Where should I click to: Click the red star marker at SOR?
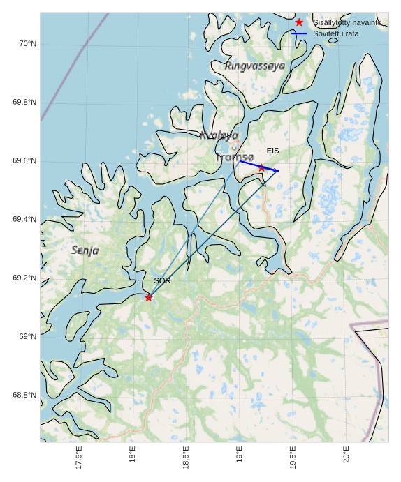point(148,298)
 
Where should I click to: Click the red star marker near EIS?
point(262,167)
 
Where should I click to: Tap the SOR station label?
point(162,280)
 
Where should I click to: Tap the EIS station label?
point(272,151)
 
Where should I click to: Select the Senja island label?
point(85,250)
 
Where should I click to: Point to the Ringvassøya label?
point(255,66)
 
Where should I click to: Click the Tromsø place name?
point(234,158)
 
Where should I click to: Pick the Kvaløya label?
point(219,135)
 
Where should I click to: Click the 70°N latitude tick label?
point(27,44)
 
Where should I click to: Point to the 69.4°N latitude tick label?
point(24,220)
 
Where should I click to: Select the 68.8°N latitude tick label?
point(24,396)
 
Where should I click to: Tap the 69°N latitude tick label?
point(27,337)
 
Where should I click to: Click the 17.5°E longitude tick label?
point(78,458)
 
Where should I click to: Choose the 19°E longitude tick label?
point(240,454)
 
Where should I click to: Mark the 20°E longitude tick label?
point(347,454)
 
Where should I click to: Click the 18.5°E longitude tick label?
point(186,458)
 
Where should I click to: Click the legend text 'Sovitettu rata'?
point(335,33)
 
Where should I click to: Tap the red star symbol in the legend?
point(299,22)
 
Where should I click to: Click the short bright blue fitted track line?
point(260,167)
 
